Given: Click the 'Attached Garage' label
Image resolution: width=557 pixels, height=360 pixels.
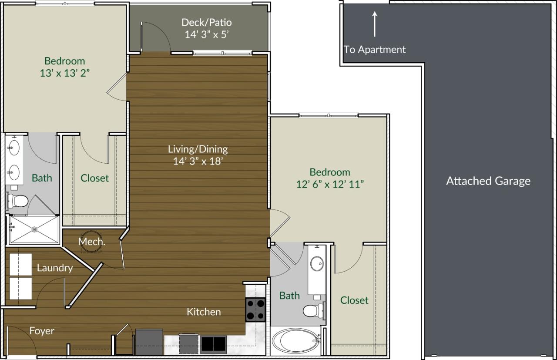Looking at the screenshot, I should pyautogui.click(x=488, y=181).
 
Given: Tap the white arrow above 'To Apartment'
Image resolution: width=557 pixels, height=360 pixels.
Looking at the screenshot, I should pyautogui.click(x=374, y=24).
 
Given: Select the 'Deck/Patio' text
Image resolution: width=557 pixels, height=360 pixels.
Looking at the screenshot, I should pyautogui.click(x=206, y=22).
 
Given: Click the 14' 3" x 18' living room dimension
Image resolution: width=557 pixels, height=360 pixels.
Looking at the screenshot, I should pyautogui.click(x=198, y=161).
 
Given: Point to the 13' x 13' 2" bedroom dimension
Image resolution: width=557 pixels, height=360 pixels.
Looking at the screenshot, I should pyautogui.click(x=64, y=73).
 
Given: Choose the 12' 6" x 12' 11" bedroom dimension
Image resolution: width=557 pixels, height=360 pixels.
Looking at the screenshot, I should pyautogui.click(x=330, y=184).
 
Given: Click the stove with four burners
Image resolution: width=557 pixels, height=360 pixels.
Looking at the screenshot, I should pyautogui.click(x=255, y=310).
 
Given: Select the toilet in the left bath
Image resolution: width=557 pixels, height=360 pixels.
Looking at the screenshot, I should pyautogui.click(x=18, y=201).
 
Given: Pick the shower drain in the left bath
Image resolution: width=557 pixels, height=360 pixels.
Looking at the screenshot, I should pyautogui.click(x=34, y=229).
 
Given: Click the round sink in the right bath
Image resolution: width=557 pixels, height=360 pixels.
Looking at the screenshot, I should pyautogui.click(x=316, y=264).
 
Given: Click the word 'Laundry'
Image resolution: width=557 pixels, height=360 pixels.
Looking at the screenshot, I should pyautogui.click(x=54, y=268).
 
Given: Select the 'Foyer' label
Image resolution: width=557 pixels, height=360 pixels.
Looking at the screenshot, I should pyautogui.click(x=42, y=331).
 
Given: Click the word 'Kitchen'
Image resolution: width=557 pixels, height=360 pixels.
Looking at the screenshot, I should pyautogui.click(x=204, y=312).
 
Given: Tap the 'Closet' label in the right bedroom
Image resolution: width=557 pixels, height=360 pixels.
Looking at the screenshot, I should pyautogui.click(x=354, y=300).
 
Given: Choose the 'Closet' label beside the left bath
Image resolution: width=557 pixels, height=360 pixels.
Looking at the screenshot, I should pyautogui.click(x=94, y=178).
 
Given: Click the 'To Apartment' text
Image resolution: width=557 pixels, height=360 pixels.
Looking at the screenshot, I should pyautogui.click(x=375, y=50).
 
